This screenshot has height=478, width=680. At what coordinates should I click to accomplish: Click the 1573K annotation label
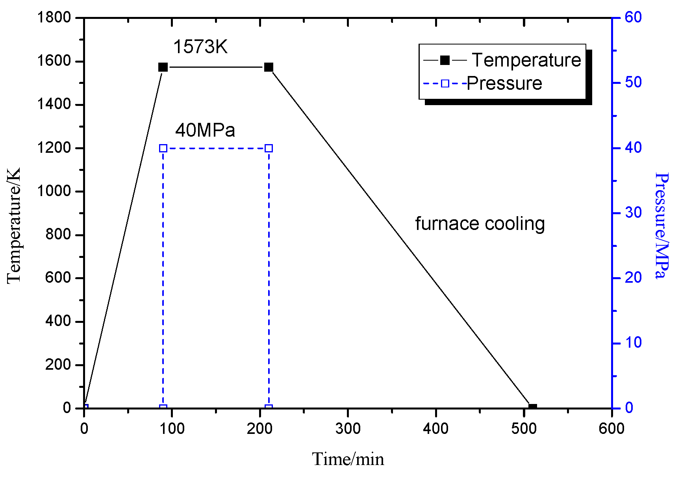tap(200, 47)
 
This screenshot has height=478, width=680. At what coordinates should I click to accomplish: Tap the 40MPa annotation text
tap(205, 130)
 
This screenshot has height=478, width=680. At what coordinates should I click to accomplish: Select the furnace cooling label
tap(480, 224)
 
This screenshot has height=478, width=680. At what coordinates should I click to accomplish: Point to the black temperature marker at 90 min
tap(163, 67)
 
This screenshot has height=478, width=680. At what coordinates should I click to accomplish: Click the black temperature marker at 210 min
tap(269, 67)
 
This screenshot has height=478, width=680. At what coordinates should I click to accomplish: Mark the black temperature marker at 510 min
tap(532, 408)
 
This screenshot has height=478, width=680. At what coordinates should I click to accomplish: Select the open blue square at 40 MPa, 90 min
tap(163, 148)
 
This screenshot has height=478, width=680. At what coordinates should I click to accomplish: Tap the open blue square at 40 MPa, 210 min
tap(269, 148)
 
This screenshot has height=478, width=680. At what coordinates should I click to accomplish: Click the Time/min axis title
tap(348, 459)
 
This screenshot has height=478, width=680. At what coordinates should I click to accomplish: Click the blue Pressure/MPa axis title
tap(661, 226)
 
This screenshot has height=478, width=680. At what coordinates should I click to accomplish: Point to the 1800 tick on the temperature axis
tap(54, 17)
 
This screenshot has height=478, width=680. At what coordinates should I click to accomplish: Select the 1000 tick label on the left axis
tap(54, 191)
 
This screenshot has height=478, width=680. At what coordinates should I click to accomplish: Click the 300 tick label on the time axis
tap(348, 429)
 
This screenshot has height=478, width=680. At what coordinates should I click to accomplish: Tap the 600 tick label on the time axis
tap(611, 429)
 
